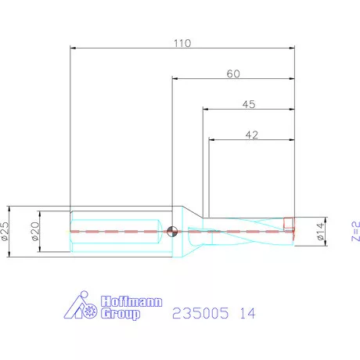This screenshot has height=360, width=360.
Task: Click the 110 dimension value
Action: [x=182, y=43]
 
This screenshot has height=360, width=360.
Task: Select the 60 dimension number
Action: [x=232, y=74]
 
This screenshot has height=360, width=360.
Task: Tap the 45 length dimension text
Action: [x=248, y=103]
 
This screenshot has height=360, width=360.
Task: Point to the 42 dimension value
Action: [x=251, y=135]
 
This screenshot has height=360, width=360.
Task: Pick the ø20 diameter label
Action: [x=34, y=231]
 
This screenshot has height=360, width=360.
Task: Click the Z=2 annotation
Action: [x=355, y=231]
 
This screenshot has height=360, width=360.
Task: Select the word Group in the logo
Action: [x=121, y=315]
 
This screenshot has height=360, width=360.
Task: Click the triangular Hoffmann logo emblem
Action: [x=81, y=308]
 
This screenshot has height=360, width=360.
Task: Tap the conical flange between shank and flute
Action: [x=191, y=230]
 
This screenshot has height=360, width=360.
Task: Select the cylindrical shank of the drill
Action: [x=117, y=231]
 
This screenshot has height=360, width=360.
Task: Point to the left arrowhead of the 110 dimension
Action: [x=74, y=49]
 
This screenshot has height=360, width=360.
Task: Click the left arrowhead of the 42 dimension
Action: [x=212, y=140]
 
